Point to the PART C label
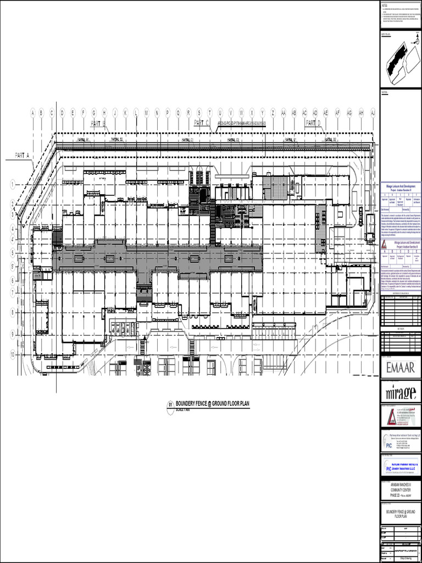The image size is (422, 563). coord(202,123)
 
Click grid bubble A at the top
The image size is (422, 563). coord(33,113)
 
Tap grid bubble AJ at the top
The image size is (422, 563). coord(373,113)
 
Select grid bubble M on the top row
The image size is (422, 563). coord(146,113)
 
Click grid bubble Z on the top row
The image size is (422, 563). coord(273,113)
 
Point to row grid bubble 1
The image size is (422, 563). coord(12,184)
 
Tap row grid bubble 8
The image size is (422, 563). coord(12,312)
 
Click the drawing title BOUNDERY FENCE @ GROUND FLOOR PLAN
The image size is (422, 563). coord(212,405)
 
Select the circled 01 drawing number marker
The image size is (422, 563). coord(170,406)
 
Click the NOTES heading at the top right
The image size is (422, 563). coord(385,5)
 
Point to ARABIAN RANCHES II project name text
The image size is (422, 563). coord(401,485)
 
